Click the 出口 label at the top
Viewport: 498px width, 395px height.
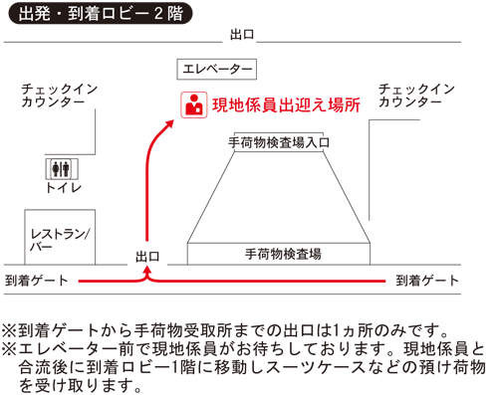coord(242,34)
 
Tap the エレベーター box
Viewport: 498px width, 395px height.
coord(216,69)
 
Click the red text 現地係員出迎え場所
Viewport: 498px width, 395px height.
coord(284,104)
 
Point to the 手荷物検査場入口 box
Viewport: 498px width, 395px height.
coord(279,142)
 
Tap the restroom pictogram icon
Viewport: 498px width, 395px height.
coord(62,167)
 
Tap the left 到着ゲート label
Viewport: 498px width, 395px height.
coord(37,281)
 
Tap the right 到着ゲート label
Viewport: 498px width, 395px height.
coord(428,281)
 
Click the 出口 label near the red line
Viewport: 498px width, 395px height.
coord(148,257)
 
